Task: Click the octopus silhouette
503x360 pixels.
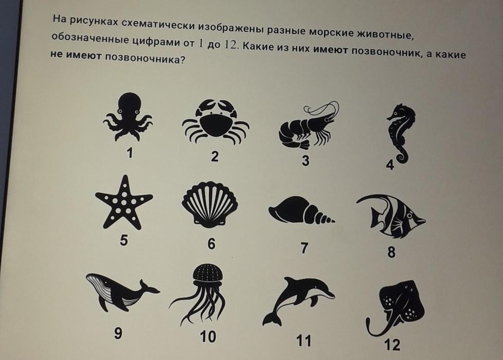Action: coord(128,116)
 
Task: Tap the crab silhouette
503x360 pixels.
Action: coord(215,123)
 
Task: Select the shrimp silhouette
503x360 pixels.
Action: coord(308,127)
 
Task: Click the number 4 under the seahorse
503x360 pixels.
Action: coord(390,165)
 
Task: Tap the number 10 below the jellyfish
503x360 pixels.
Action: coord(208,336)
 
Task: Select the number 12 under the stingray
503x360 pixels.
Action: coord(392,345)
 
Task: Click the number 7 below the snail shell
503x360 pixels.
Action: coord(304,248)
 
